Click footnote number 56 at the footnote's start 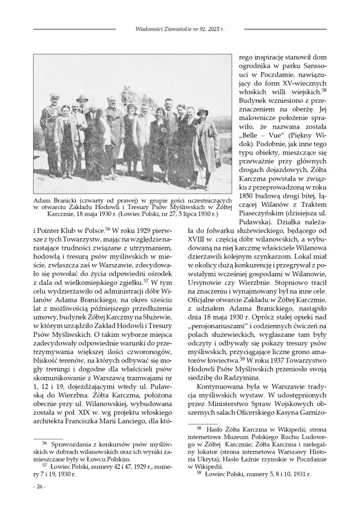coord(44,445)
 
